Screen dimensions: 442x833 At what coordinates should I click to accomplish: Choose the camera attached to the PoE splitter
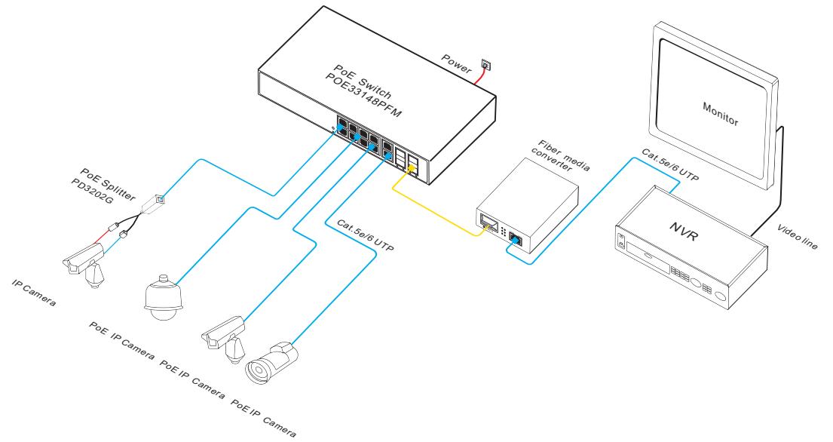point(81,261)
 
